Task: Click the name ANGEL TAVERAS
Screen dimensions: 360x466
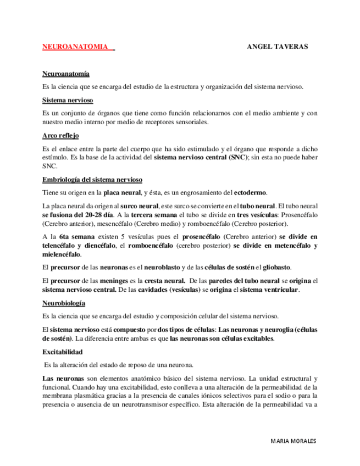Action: coord(277,47)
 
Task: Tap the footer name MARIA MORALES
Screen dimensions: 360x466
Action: coord(294,441)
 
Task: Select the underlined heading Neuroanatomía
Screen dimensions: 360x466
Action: coord(65,74)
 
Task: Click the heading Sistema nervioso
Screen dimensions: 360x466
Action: coord(68,100)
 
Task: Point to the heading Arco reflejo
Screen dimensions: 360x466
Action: coord(60,135)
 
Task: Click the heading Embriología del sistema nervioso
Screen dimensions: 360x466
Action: coord(92,180)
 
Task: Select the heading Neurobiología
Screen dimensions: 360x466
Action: coord(63,303)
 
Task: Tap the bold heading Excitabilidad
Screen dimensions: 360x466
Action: coord(62,352)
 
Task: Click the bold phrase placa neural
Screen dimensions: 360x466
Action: coord(121,193)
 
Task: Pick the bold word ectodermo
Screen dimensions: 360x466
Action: coord(251,193)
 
